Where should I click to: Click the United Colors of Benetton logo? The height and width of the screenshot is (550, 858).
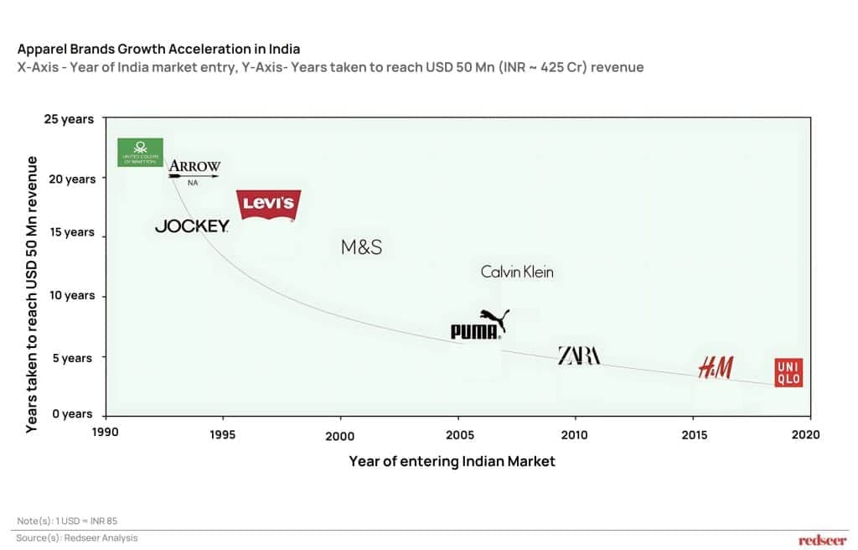(x=140, y=151)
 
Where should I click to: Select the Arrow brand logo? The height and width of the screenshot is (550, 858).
(x=194, y=167)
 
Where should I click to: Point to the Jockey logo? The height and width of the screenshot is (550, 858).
(x=192, y=226)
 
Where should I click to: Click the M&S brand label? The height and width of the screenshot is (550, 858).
(x=361, y=246)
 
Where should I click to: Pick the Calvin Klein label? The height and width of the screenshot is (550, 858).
(x=517, y=272)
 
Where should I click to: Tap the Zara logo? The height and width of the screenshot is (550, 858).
(x=579, y=355)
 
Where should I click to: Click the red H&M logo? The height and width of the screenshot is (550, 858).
(x=716, y=366)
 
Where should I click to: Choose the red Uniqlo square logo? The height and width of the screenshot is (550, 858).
(x=789, y=371)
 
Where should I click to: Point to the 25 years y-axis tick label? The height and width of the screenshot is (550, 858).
(x=69, y=119)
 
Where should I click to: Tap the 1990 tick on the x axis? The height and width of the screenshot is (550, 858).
(x=105, y=434)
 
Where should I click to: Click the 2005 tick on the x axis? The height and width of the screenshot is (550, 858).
(x=457, y=436)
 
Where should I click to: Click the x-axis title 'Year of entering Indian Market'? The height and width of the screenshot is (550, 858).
(x=452, y=461)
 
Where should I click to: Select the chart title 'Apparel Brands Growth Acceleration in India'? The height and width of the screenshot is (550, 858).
(x=158, y=49)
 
